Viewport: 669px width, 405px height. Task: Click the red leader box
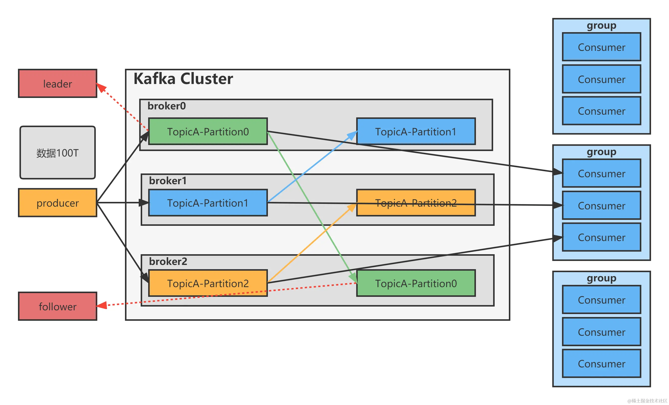click(x=57, y=83)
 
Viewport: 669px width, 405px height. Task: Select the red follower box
click(x=57, y=306)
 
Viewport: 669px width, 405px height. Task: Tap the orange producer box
click(x=57, y=203)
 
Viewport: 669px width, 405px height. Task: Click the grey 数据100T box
click(x=57, y=153)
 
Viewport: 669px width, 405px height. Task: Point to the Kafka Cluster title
click(x=183, y=79)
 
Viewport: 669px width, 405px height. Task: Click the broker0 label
click(x=166, y=106)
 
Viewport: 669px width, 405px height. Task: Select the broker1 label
click(x=168, y=181)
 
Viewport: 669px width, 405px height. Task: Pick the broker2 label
click(x=168, y=261)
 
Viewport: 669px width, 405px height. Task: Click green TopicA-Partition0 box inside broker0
click(x=208, y=131)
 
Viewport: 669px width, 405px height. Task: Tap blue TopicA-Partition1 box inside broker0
click(x=415, y=131)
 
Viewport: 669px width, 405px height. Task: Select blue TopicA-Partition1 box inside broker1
click(x=208, y=203)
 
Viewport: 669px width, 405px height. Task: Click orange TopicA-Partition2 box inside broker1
click(x=415, y=203)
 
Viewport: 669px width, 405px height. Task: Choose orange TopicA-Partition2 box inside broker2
click(x=208, y=283)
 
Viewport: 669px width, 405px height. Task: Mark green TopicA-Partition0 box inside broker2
click(x=415, y=283)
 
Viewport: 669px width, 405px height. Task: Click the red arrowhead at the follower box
click(x=102, y=306)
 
